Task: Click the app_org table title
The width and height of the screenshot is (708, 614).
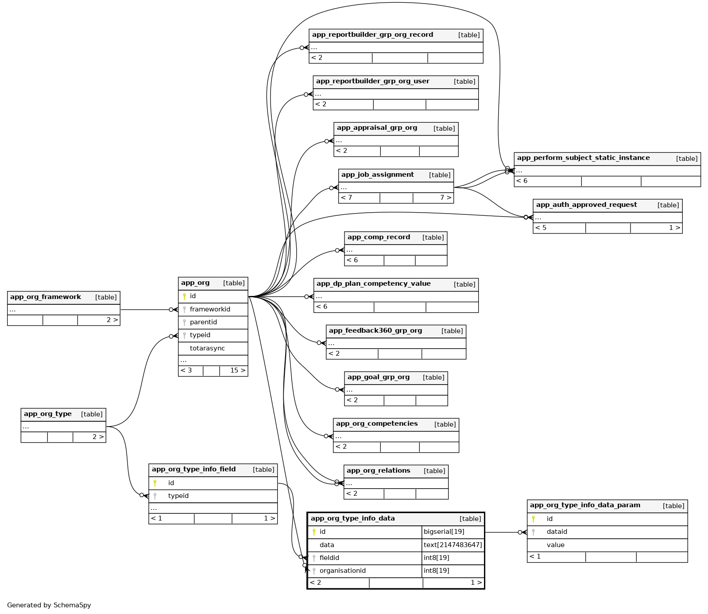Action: click(195, 283)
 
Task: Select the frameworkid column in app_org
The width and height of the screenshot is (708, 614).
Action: click(210, 309)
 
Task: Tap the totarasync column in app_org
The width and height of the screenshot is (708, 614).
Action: click(207, 348)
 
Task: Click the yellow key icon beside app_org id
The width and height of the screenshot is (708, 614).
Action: click(184, 296)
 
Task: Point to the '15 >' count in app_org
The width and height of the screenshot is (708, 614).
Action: click(237, 370)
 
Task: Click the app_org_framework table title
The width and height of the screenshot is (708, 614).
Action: click(46, 297)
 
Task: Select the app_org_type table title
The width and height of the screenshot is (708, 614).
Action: click(48, 414)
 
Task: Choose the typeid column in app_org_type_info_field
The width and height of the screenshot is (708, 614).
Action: click(178, 496)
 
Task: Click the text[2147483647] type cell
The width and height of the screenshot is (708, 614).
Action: click(453, 545)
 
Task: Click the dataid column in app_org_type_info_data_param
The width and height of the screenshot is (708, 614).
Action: click(557, 532)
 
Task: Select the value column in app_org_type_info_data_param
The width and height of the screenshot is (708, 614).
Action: click(555, 545)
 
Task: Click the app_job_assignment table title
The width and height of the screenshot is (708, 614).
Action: click(377, 175)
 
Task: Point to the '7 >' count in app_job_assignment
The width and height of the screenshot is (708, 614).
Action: click(445, 198)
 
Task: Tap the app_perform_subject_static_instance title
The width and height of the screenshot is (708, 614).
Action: click(583, 158)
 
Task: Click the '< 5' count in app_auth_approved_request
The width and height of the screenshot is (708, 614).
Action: click(541, 228)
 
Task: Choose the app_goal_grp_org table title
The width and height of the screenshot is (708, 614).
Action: click(379, 377)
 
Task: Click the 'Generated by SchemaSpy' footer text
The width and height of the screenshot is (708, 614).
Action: click(49, 605)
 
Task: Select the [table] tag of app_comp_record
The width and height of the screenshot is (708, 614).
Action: click(433, 237)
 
